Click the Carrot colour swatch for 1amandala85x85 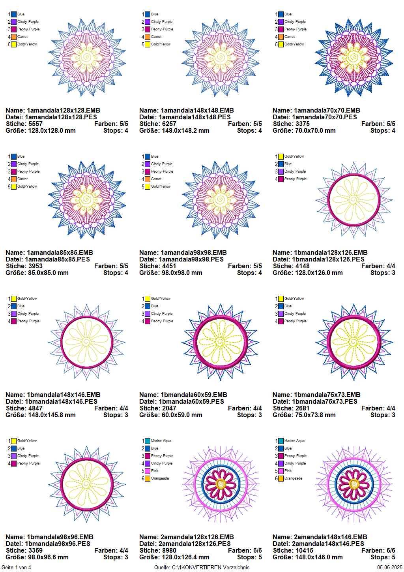click(x=14, y=179)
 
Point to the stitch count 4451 click(x=168, y=266)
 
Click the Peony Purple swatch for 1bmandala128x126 click(x=281, y=179)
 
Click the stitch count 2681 click(x=302, y=408)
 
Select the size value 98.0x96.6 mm click(x=47, y=557)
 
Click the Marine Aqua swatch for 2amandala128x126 click(x=147, y=441)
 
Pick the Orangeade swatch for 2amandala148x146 click(x=281, y=478)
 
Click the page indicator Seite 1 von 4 click(x=16, y=568)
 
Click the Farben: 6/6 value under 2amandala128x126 click(x=245, y=550)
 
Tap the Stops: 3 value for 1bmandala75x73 click(x=383, y=415)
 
